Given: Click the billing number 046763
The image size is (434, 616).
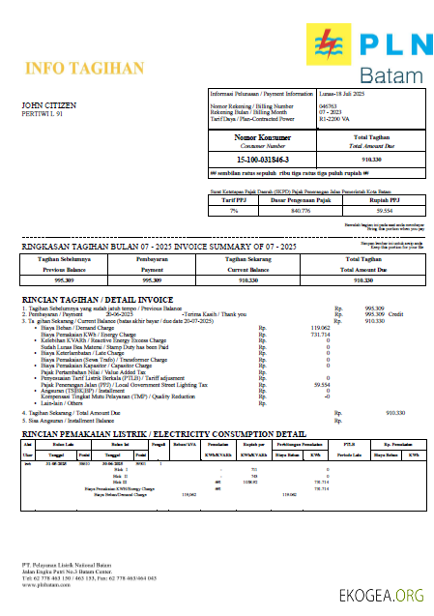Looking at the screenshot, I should [x=328, y=104].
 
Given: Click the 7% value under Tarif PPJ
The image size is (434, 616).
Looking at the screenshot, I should [x=233, y=210].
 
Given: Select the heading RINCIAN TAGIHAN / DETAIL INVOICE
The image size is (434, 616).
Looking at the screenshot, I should [x=98, y=299].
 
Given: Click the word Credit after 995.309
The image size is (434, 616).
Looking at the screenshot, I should [x=396, y=314].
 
